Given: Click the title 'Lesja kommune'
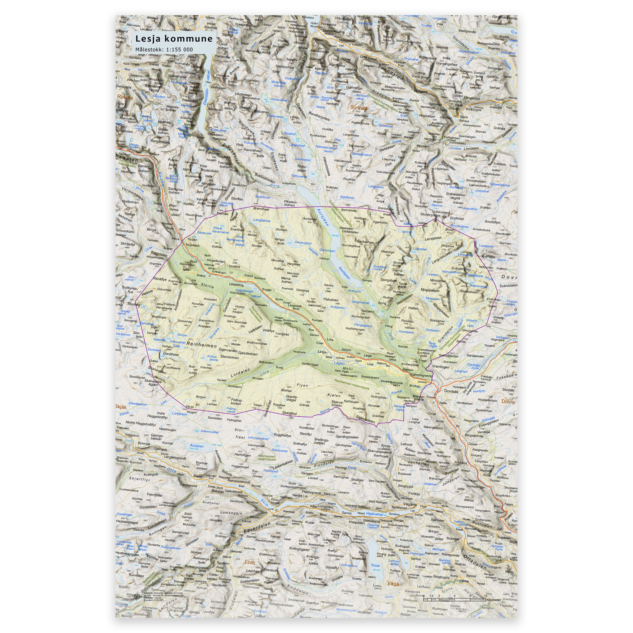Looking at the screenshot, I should (x=174, y=39).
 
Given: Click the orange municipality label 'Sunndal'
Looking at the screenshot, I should (x=359, y=108).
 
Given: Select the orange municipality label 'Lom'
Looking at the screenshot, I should (x=250, y=562).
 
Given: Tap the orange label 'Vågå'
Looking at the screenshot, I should (x=393, y=583).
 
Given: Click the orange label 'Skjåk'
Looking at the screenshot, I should (x=121, y=407).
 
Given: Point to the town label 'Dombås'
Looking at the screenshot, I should (x=451, y=391).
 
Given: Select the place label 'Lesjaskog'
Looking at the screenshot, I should (x=236, y=285).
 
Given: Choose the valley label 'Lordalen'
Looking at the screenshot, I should (x=240, y=372).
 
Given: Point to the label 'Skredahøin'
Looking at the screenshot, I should (x=469, y=291).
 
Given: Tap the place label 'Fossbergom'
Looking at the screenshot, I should (x=281, y=516).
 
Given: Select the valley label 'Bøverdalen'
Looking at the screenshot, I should (x=257, y=527).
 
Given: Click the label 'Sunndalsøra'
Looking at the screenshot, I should (x=333, y=32).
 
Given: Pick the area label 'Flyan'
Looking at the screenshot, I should (x=302, y=385).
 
